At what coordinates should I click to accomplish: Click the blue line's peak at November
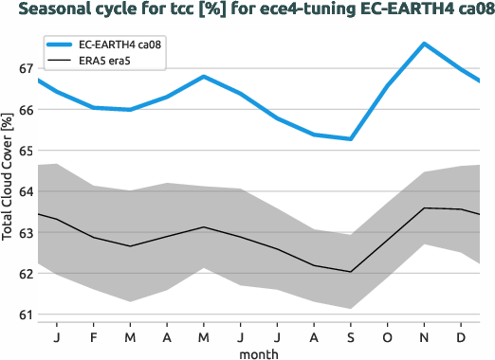click(423, 44)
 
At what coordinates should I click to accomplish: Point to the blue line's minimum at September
click(350, 139)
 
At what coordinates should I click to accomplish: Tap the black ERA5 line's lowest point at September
click(350, 272)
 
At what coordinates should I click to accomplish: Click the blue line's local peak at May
click(204, 76)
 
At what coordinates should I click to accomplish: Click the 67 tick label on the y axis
click(25, 69)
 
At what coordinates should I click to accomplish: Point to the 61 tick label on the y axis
click(25, 315)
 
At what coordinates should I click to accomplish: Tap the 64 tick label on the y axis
click(25, 191)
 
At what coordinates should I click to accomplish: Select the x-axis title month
click(258, 353)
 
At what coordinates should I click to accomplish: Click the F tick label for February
click(94, 335)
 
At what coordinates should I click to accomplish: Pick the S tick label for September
click(350, 335)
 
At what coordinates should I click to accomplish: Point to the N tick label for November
click(423, 335)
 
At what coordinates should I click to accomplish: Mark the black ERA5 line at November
click(423, 207)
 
